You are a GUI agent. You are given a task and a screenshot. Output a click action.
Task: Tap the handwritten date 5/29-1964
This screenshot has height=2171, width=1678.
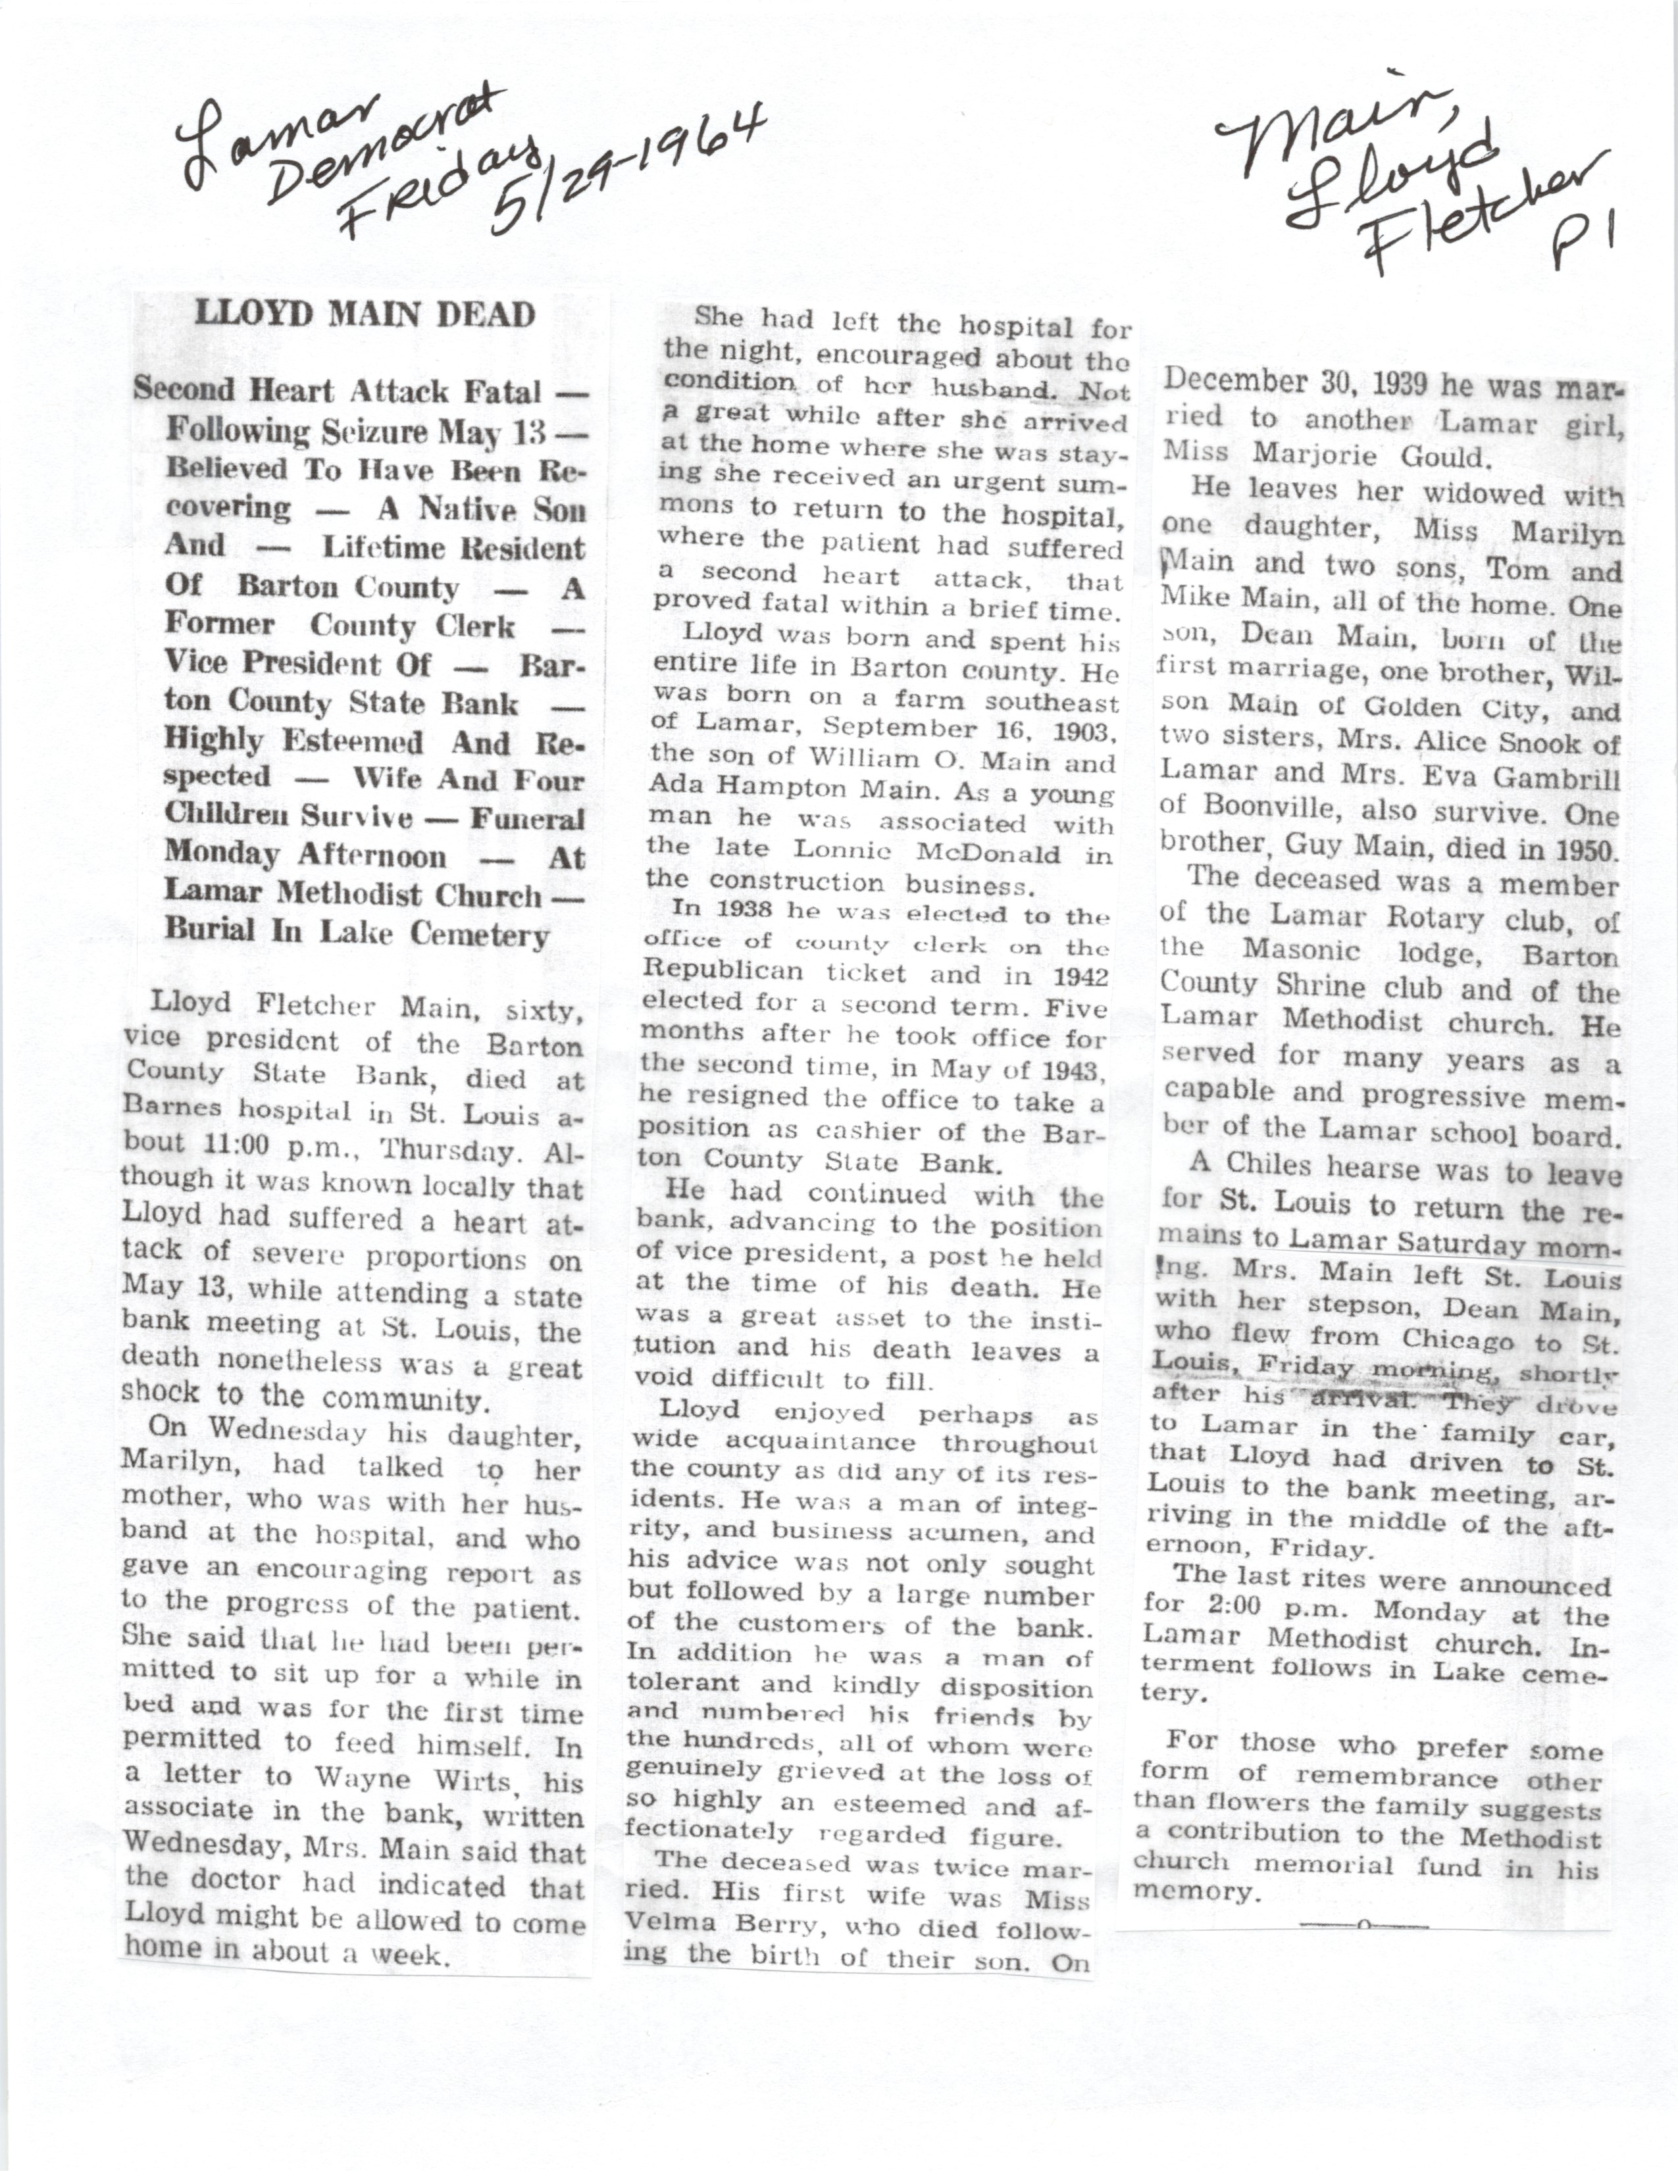pos(630,169)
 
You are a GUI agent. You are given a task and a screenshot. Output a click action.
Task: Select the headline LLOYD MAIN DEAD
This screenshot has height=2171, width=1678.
pos(365,315)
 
